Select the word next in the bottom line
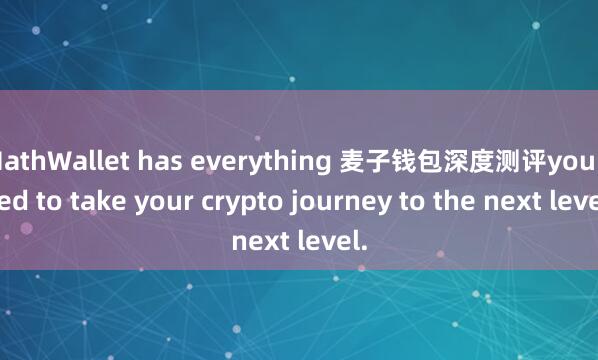(258, 241)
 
